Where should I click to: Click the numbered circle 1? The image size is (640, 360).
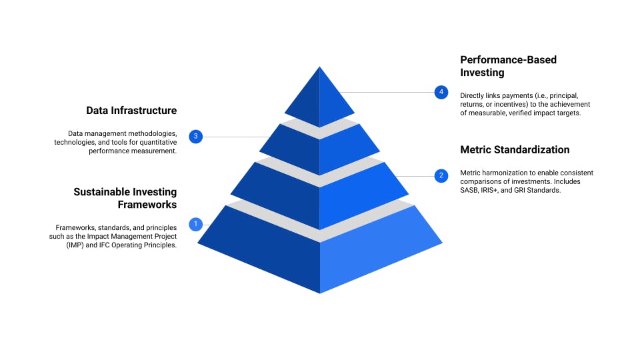(x=195, y=224)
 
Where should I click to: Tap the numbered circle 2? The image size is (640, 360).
(x=441, y=176)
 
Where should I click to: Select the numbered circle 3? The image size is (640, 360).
(x=195, y=137)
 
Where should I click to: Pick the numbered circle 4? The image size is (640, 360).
(x=441, y=92)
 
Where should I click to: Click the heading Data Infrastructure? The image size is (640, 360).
(x=131, y=110)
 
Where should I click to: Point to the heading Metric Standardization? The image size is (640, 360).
(x=515, y=149)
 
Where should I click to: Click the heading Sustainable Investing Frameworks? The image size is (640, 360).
(x=125, y=199)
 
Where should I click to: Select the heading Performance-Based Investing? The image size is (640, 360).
(x=508, y=66)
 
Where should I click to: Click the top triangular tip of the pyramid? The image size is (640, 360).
(x=319, y=93)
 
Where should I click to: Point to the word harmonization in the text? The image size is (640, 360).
(x=502, y=173)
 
